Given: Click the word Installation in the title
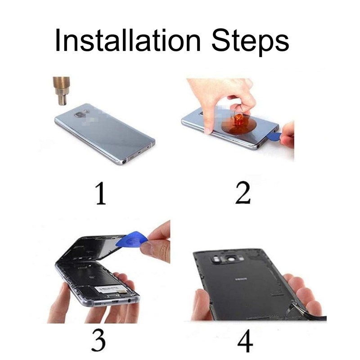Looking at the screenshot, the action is click(128, 40).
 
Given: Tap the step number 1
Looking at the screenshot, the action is click(100, 193).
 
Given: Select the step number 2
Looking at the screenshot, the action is click(243, 193).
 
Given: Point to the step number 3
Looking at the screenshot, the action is click(99, 340).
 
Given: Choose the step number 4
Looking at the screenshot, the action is click(245, 341).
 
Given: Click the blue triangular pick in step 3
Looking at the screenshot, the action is click(131, 239).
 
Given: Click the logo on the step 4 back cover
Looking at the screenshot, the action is click(242, 279).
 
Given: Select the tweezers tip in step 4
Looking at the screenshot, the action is click(293, 302).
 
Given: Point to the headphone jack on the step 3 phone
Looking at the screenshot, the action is click(130, 300).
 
